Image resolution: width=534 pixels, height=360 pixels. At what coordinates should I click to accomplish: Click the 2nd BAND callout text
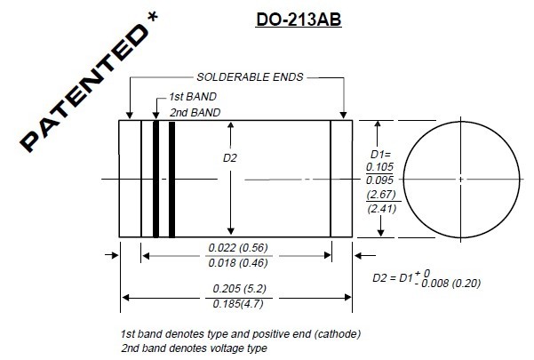click(195, 112)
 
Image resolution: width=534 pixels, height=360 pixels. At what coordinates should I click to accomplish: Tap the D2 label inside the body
click(205, 157)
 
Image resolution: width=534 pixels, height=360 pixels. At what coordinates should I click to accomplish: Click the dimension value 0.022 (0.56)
click(239, 247)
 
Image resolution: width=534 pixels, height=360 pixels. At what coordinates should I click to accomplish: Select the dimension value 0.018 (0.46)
click(239, 263)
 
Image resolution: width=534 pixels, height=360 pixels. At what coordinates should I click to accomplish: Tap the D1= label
click(381, 155)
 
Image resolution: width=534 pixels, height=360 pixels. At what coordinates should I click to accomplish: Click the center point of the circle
click(461, 179)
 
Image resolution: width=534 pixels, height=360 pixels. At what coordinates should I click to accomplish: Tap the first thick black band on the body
click(155, 179)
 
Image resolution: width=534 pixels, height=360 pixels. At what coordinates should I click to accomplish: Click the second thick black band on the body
click(171, 179)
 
